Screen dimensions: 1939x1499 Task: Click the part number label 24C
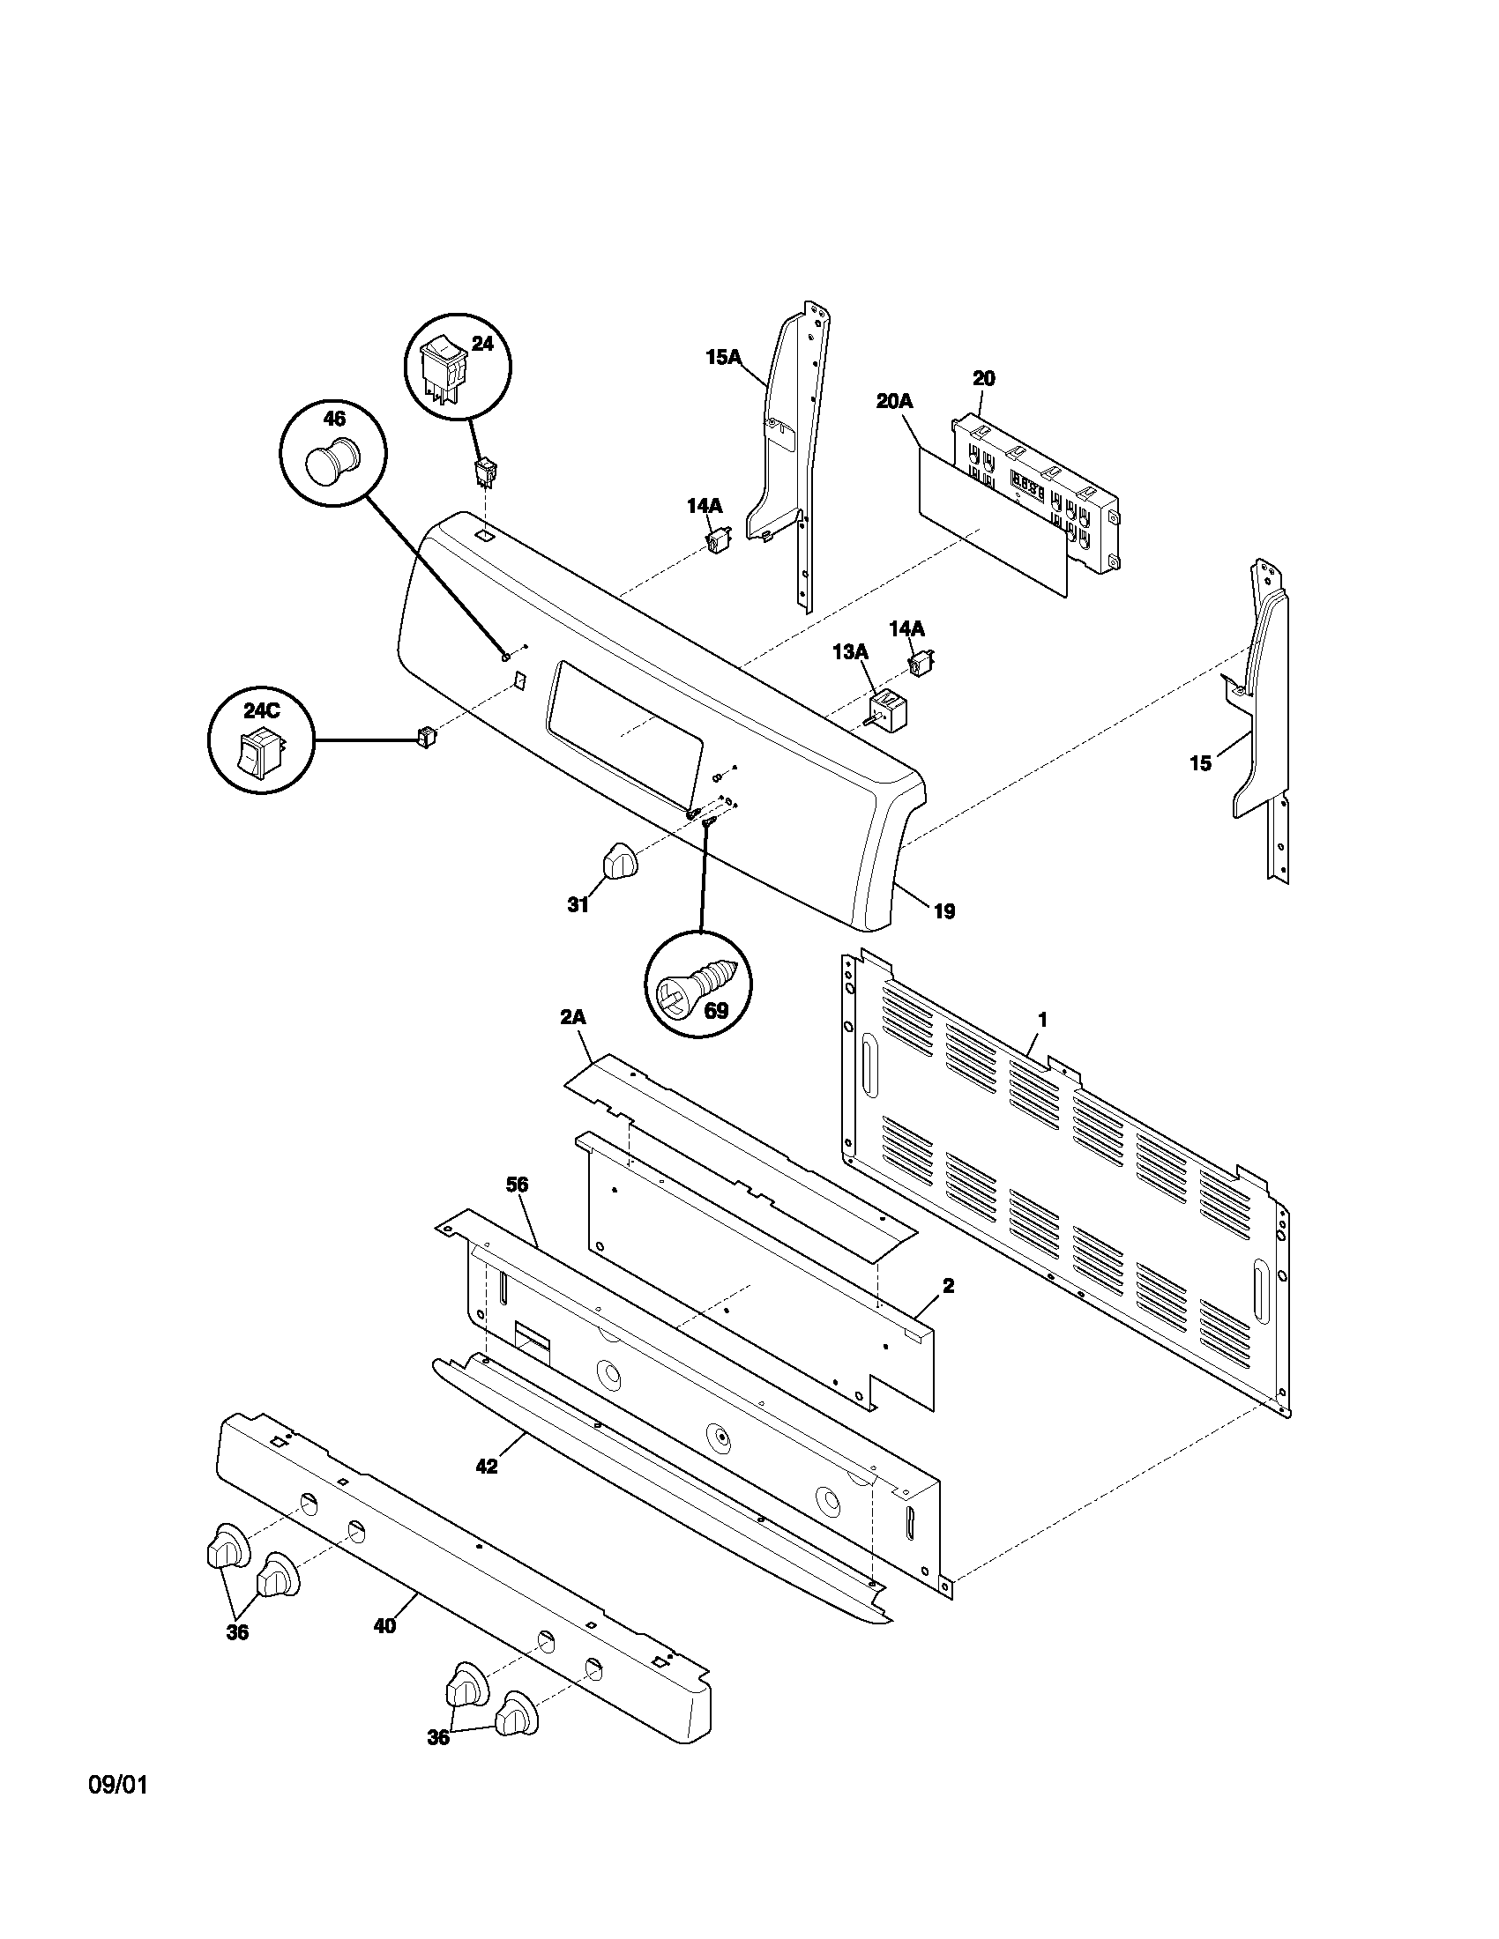[261, 711]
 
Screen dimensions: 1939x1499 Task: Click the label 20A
[893, 401]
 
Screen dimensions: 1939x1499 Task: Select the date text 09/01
[117, 1785]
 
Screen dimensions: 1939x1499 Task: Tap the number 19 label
[944, 911]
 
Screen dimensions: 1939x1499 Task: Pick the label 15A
[723, 357]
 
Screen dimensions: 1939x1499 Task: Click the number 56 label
[517, 1185]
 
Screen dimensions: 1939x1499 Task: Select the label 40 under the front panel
[384, 1625]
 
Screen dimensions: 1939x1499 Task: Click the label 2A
[573, 1018]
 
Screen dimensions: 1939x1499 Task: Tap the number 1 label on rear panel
[1042, 1021]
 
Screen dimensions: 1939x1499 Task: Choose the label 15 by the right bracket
[1200, 763]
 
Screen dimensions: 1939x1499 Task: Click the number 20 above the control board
[983, 378]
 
